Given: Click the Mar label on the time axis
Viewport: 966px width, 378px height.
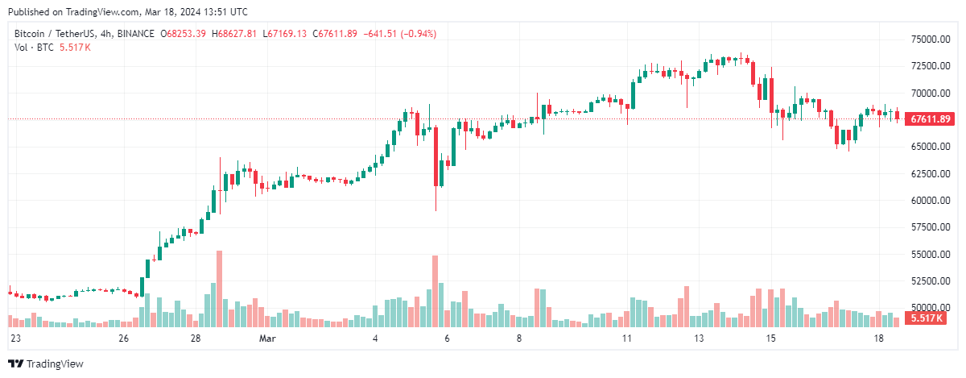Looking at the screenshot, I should click(266, 339).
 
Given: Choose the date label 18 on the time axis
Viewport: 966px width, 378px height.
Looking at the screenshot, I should click(879, 339).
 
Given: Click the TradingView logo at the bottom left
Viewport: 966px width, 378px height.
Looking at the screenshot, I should click(46, 363).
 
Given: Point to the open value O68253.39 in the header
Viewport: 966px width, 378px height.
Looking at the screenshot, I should click(184, 34).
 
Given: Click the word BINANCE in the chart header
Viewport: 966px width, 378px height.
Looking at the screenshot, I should click(134, 34).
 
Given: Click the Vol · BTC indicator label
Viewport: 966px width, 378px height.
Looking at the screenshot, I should click(35, 48).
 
